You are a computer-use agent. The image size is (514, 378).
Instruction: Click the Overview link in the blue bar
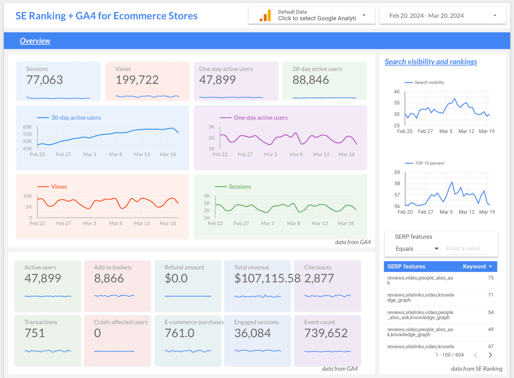pyautogui.click(x=35, y=41)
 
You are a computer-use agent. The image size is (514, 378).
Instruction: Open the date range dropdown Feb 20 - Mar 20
pyautogui.click(x=442, y=16)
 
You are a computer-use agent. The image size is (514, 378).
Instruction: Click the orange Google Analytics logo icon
pyautogui.click(x=265, y=16)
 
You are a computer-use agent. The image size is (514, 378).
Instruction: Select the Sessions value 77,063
pyautogui.click(x=45, y=80)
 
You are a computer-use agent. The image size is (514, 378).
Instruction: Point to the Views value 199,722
pyautogui.click(x=137, y=80)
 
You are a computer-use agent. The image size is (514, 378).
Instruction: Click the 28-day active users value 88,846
pyautogui.click(x=311, y=80)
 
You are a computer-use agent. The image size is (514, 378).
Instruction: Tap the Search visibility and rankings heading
pyautogui.click(x=431, y=62)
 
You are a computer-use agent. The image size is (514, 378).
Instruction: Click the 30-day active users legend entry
pyautogui.click(x=76, y=118)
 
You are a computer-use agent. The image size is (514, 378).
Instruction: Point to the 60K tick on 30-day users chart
pyautogui.click(x=27, y=127)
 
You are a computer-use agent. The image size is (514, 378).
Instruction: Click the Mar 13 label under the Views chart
pyautogui.click(x=142, y=223)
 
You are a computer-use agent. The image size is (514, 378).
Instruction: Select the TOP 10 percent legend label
pyautogui.click(x=429, y=163)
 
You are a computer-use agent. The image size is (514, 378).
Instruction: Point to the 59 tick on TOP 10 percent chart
pyautogui.click(x=397, y=172)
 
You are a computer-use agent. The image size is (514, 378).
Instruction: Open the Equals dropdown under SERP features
pyautogui.click(x=417, y=249)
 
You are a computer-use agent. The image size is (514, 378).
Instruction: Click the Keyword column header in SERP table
pyautogui.click(x=474, y=267)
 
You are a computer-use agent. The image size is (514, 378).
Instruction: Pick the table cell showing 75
pyautogui.click(x=491, y=278)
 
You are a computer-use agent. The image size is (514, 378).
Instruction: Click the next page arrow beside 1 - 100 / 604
pyautogui.click(x=490, y=355)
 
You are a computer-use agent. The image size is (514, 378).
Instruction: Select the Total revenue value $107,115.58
pyautogui.click(x=267, y=278)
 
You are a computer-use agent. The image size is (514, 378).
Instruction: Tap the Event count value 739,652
pyautogui.click(x=326, y=333)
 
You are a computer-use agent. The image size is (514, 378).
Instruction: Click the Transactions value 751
pyautogui.click(x=34, y=333)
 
